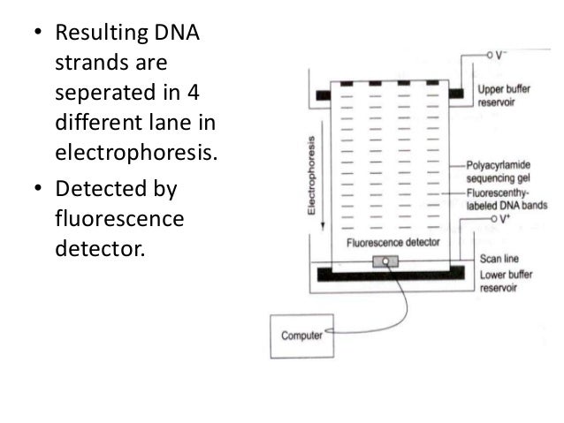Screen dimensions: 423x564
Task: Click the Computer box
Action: click(x=301, y=336)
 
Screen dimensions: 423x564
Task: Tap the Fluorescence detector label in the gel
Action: click(x=385, y=241)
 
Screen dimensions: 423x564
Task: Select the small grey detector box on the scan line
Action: click(x=386, y=261)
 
